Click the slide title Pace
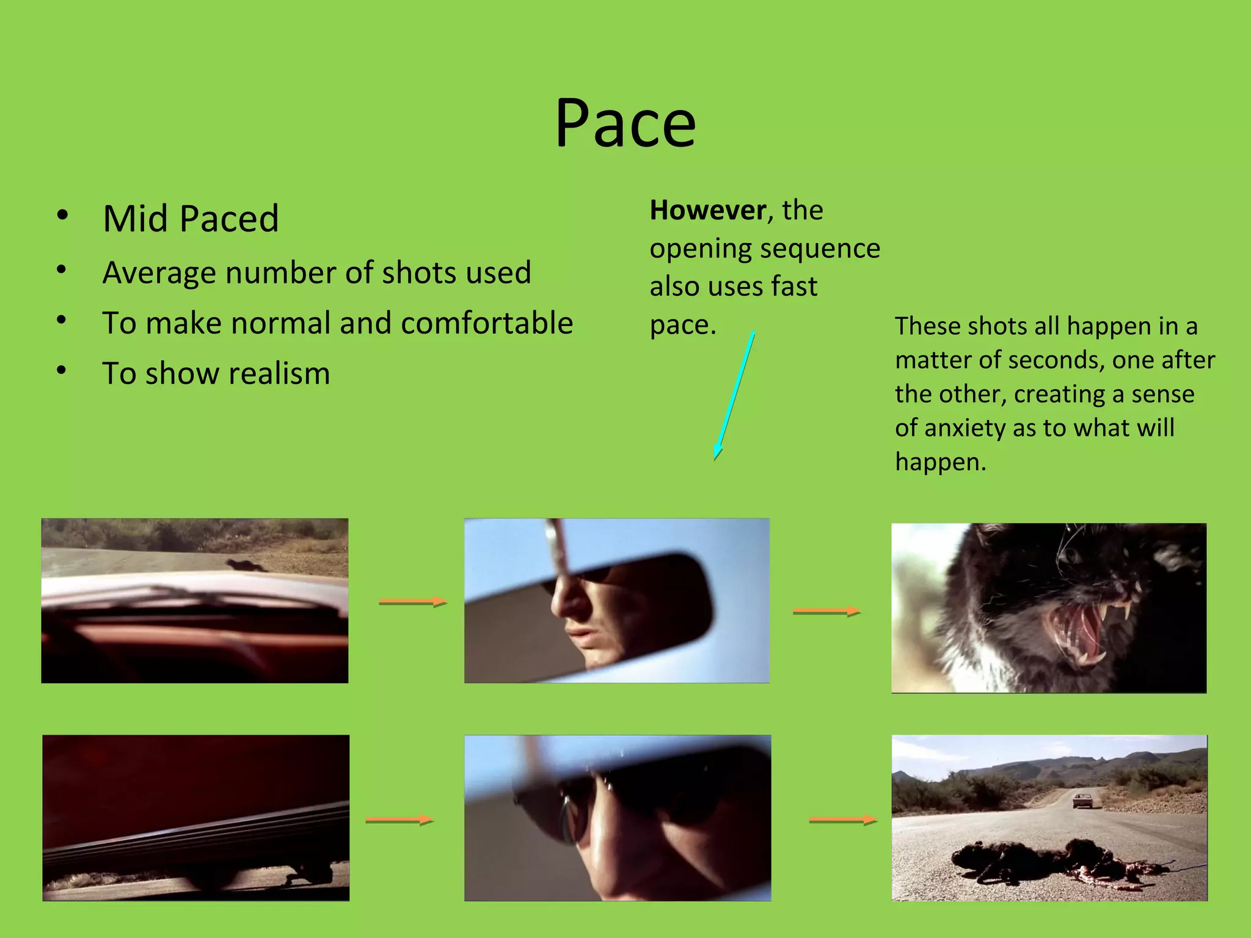tap(625, 123)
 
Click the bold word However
tap(707, 211)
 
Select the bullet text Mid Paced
tap(191, 219)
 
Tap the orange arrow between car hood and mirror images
tap(412, 602)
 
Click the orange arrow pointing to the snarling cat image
tap(826, 611)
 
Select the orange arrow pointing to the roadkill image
tap(842, 820)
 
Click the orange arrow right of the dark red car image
tap(399, 820)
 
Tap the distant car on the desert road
tap(1082, 800)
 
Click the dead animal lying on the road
tap(1051, 861)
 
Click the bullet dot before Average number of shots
tap(61, 270)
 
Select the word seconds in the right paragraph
tap(1054, 360)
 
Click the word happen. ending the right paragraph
tap(940, 462)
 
